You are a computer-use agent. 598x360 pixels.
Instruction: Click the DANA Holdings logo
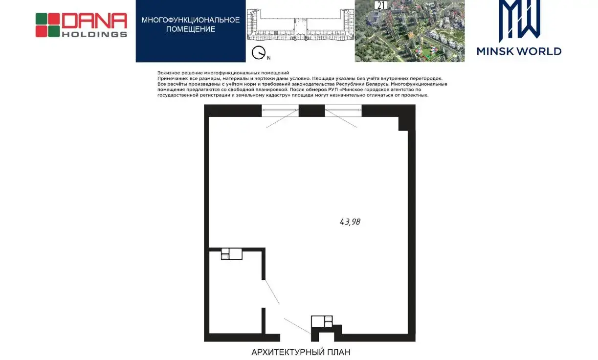pyautogui.click(x=81, y=25)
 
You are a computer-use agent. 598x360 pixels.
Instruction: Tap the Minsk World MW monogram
pyautogui.click(x=519, y=20)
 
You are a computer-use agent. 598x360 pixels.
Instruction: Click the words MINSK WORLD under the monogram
pyautogui.click(x=519, y=51)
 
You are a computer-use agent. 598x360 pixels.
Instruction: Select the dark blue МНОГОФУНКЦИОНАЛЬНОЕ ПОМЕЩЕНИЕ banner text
pyautogui.click(x=191, y=24)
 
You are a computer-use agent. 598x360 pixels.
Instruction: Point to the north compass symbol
pyautogui.click(x=259, y=53)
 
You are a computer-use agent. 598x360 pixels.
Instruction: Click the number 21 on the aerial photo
pyautogui.click(x=381, y=5)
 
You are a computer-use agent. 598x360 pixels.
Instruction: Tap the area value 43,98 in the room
pyautogui.click(x=350, y=222)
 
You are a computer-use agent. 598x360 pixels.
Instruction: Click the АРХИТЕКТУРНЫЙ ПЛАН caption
pyautogui.click(x=301, y=352)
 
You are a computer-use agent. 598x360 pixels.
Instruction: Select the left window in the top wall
pyautogui.click(x=280, y=111)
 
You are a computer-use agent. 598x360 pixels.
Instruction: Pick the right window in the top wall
pyautogui.click(x=343, y=111)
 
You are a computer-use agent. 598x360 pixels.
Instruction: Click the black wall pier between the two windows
pyautogui.click(x=312, y=111)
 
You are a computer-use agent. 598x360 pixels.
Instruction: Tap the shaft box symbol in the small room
pyautogui.click(x=232, y=254)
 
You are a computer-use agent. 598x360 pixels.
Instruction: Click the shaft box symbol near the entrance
pyautogui.click(x=322, y=321)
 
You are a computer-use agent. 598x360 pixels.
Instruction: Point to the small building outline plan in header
pyautogui.click(x=300, y=24)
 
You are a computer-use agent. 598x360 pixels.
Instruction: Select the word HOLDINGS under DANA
pyautogui.click(x=94, y=34)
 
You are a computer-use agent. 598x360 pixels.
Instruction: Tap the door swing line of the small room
pyautogui.click(x=272, y=292)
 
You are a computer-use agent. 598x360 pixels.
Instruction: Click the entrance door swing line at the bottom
pyautogui.click(x=298, y=326)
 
